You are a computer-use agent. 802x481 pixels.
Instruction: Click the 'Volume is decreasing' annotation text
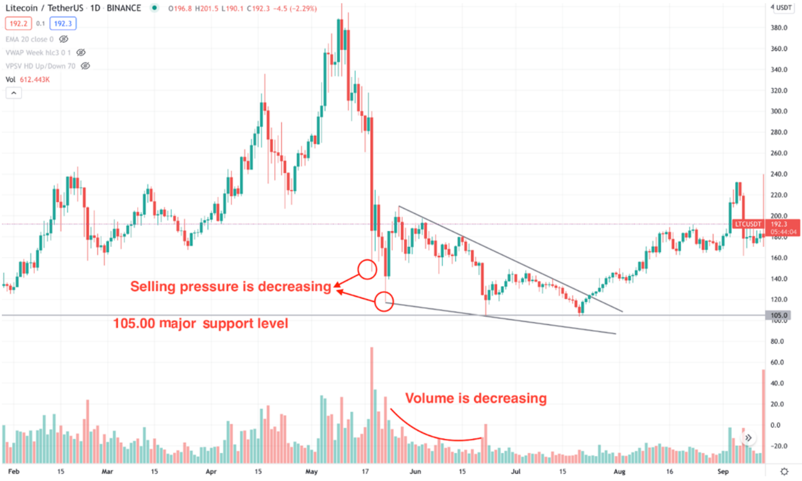click(475, 398)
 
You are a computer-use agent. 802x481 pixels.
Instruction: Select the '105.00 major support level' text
click(200, 323)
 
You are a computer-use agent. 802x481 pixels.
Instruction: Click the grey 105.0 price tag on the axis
click(779, 315)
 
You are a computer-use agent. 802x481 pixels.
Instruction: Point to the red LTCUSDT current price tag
click(764, 227)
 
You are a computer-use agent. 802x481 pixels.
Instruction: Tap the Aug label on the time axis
click(620, 472)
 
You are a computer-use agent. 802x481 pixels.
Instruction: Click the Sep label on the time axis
click(724, 472)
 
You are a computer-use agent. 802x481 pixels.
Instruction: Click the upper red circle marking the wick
click(367, 268)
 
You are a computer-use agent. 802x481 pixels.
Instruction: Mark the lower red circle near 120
click(384, 301)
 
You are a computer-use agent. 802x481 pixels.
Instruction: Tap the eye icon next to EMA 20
click(64, 39)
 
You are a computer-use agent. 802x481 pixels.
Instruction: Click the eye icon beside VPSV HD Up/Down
click(86, 66)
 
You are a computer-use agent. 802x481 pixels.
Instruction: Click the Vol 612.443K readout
click(28, 79)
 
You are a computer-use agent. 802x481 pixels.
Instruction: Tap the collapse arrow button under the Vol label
click(13, 92)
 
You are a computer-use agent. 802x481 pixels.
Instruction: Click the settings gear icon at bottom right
click(784, 471)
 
